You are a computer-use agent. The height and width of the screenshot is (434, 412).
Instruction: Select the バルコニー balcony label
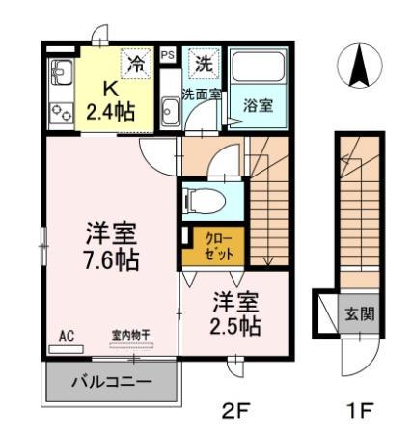112,382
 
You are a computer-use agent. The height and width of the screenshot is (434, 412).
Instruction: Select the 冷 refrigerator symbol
137,66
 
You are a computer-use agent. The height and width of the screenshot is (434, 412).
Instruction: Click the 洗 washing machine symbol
203,66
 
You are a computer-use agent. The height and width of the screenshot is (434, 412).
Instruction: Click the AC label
67,335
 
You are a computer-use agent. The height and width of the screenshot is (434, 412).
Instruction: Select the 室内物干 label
129,335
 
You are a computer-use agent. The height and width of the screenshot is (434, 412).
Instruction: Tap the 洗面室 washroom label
202,94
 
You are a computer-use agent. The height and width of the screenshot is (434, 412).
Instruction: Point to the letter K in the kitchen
110,89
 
